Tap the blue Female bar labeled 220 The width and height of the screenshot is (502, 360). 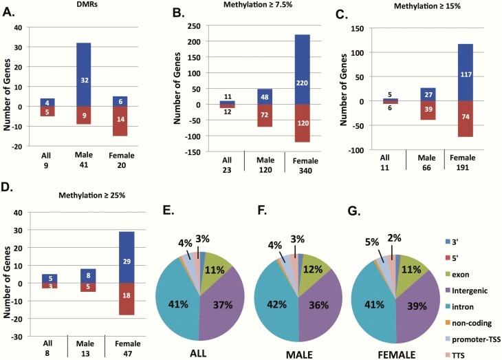tap(301, 69)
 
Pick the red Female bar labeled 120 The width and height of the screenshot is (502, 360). tap(301, 123)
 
